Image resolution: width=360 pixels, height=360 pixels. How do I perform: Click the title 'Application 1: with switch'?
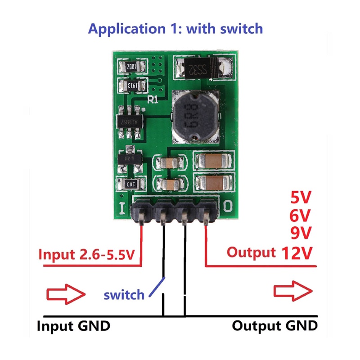coord(175,29)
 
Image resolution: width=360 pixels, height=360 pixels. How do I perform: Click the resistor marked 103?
coord(130,184)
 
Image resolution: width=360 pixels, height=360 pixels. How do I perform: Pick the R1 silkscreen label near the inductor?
coord(153,101)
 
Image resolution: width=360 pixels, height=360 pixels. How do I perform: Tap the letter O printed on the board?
coord(228,206)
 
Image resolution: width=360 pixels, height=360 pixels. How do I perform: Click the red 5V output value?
coord(300,198)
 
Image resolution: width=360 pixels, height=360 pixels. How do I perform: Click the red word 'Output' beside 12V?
coord(251,252)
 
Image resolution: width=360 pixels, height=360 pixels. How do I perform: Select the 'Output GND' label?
coord(274,326)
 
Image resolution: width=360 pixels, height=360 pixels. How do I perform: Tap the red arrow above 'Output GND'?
coord(293,291)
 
